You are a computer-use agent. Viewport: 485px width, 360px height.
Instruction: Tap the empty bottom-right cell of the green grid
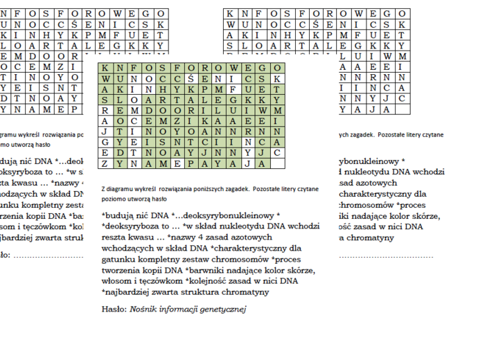pyautogui.click(x=277, y=164)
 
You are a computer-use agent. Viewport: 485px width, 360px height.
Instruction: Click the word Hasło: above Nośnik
pyautogui.click(x=114, y=309)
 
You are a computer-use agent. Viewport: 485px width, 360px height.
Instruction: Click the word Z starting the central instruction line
pyautogui.click(x=103, y=188)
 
